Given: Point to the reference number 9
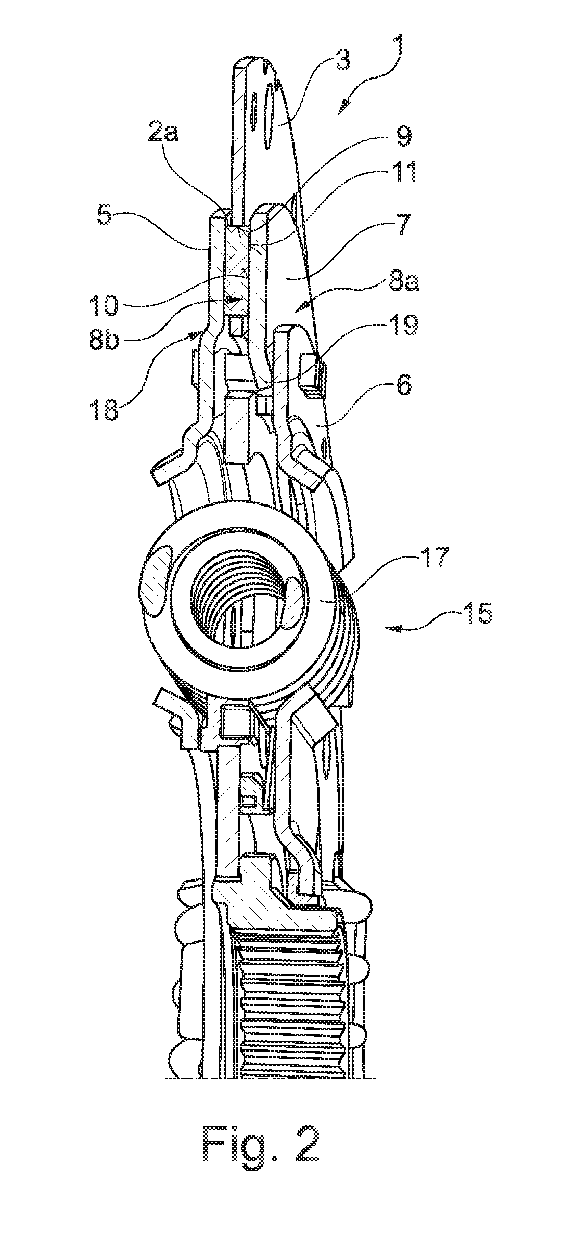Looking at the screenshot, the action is [x=401, y=137].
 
